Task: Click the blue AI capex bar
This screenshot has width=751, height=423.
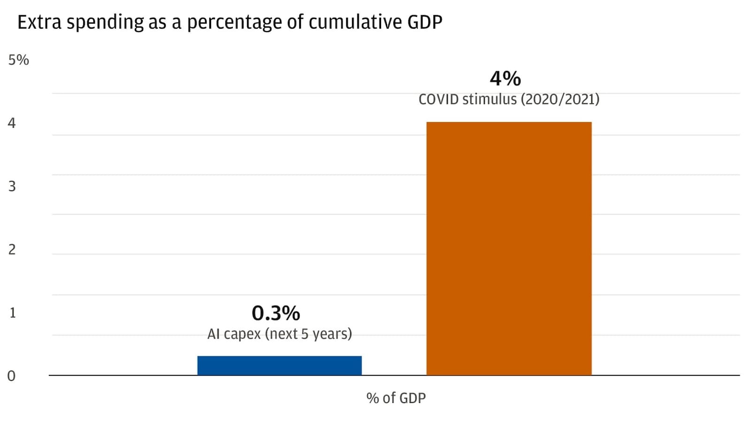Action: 279,365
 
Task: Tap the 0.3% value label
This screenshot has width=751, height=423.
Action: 276,313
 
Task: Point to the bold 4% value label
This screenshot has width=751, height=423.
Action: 505,78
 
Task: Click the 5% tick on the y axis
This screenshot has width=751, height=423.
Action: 18,60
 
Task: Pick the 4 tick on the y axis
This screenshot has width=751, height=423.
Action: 12,123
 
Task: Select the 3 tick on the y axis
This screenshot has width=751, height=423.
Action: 12,186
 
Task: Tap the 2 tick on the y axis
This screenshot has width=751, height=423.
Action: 12,250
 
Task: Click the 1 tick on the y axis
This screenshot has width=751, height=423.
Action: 12,313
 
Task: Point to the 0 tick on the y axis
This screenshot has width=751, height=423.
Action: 11,376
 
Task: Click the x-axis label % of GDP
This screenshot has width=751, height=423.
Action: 396,398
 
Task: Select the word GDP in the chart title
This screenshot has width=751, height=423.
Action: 424,22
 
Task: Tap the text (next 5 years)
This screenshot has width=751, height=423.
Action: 308,334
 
